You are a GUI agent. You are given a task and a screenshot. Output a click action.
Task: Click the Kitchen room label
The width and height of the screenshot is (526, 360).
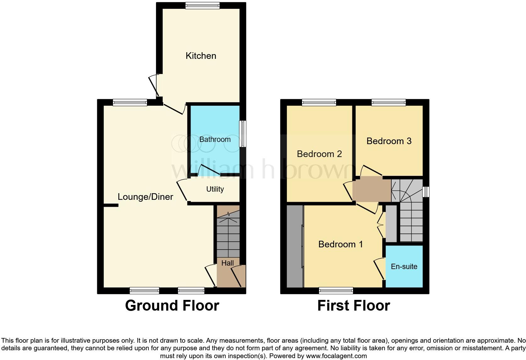201,56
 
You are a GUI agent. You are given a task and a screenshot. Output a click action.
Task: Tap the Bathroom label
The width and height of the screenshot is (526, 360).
215,139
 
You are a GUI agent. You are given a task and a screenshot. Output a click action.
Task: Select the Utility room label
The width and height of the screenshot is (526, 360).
215,189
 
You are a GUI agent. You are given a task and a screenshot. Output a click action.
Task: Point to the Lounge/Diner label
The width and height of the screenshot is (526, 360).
145,197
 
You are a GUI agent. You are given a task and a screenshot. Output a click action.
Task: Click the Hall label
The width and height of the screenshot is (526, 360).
227,263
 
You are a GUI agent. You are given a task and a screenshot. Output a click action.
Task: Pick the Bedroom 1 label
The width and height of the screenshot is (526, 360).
340,244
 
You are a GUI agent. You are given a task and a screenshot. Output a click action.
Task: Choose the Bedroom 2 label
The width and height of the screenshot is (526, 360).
319,154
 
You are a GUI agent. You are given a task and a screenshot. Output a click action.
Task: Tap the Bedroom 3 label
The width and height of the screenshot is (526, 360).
389,141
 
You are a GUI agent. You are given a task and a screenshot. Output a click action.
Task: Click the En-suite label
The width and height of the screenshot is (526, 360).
404,267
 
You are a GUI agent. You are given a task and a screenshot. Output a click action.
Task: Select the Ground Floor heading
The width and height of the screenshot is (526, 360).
172,306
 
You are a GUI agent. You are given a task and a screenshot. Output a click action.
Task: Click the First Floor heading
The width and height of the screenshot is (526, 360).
354,306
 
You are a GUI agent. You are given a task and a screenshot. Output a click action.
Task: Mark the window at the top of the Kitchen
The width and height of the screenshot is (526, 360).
202,5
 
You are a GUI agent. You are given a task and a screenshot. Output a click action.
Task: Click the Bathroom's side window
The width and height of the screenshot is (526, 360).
243,134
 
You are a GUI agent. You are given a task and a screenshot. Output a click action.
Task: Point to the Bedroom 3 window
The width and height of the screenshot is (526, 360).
389,102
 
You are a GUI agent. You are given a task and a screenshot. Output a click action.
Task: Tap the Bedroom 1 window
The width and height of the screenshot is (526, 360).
336,290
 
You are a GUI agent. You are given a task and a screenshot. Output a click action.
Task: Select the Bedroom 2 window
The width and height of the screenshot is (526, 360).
319,102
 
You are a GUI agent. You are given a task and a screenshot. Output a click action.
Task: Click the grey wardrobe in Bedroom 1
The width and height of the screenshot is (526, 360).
295,246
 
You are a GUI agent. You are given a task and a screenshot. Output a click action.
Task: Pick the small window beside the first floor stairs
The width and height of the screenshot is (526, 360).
426,192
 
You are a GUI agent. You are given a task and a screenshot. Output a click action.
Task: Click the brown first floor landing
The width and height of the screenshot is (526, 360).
372,189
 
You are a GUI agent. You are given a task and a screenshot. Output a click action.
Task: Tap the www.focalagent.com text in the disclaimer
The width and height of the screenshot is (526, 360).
336,356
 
